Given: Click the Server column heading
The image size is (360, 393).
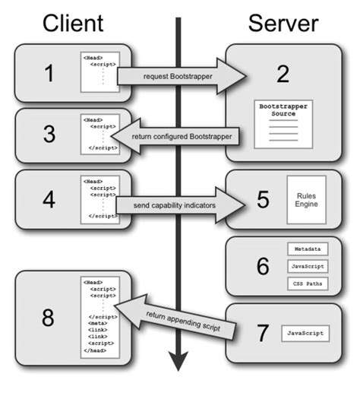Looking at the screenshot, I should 283,23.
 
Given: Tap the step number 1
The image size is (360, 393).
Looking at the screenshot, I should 48,74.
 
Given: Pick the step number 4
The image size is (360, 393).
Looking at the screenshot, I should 48,200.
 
